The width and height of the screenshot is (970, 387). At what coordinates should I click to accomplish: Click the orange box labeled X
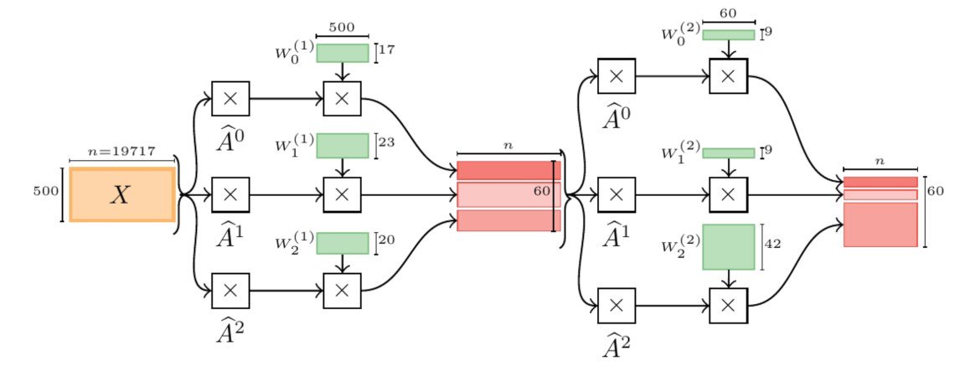click(122, 194)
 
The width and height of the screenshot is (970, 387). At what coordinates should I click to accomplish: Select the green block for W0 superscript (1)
click(343, 53)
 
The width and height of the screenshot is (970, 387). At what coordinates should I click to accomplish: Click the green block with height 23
click(343, 145)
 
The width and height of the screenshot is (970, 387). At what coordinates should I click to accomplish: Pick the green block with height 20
click(343, 242)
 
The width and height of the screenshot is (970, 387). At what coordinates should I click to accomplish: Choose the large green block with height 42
click(728, 247)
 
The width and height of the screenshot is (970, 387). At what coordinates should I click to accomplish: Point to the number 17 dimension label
click(387, 50)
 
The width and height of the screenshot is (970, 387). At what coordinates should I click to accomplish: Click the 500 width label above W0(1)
click(342, 27)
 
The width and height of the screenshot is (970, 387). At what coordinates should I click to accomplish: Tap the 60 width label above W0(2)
click(728, 13)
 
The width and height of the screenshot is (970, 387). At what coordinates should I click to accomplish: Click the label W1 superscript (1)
click(292, 147)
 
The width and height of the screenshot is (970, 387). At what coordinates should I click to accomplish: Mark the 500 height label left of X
click(45, 191)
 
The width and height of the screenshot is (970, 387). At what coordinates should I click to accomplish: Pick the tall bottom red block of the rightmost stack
click(880, 224)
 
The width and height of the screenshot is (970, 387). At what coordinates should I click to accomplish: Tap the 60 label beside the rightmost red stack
click(936, 191)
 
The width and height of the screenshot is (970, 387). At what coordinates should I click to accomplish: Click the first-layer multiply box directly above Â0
click(231, 99)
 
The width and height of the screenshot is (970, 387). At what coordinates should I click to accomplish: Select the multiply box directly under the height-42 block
click(728, 305)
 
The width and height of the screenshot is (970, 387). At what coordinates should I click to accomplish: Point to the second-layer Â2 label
click(617, 343)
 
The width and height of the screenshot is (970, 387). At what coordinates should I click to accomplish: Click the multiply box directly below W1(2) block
click(728, 194)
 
